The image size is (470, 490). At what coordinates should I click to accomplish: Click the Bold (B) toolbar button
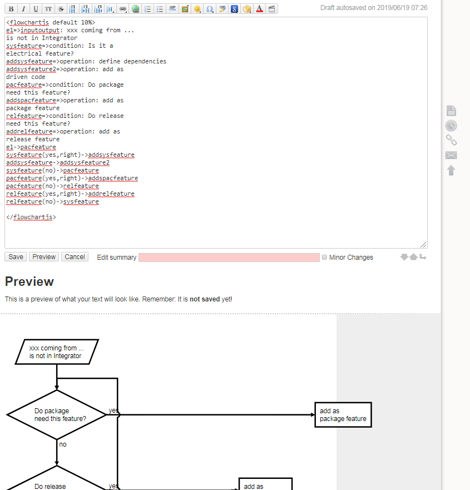point(11,9)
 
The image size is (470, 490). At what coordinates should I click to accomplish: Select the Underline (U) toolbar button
point(36,9)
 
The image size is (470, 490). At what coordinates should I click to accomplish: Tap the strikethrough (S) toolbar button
point(61,9)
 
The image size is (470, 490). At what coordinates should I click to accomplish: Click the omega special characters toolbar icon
point(209,9)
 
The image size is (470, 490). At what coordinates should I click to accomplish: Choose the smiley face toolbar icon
point(197,9)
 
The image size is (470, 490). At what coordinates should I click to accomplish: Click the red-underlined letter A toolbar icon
point(259,9)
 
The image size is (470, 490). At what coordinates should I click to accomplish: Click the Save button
point(16,257)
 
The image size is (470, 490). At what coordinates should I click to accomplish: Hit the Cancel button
point(75,257)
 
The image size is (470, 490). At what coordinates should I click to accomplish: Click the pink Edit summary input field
point(229,258)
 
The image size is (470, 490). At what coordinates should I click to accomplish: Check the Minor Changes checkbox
point(324,258)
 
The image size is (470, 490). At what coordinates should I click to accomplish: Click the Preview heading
point(29,281)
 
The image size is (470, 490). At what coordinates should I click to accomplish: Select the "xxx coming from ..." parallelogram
point(56,352)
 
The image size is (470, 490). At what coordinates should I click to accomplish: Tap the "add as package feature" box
point(343,415)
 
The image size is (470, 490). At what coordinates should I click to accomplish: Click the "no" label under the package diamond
point(63,444)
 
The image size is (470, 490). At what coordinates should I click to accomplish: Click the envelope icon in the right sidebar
point(451,155)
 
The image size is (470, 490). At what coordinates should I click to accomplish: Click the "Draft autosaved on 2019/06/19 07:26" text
point(374,8)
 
